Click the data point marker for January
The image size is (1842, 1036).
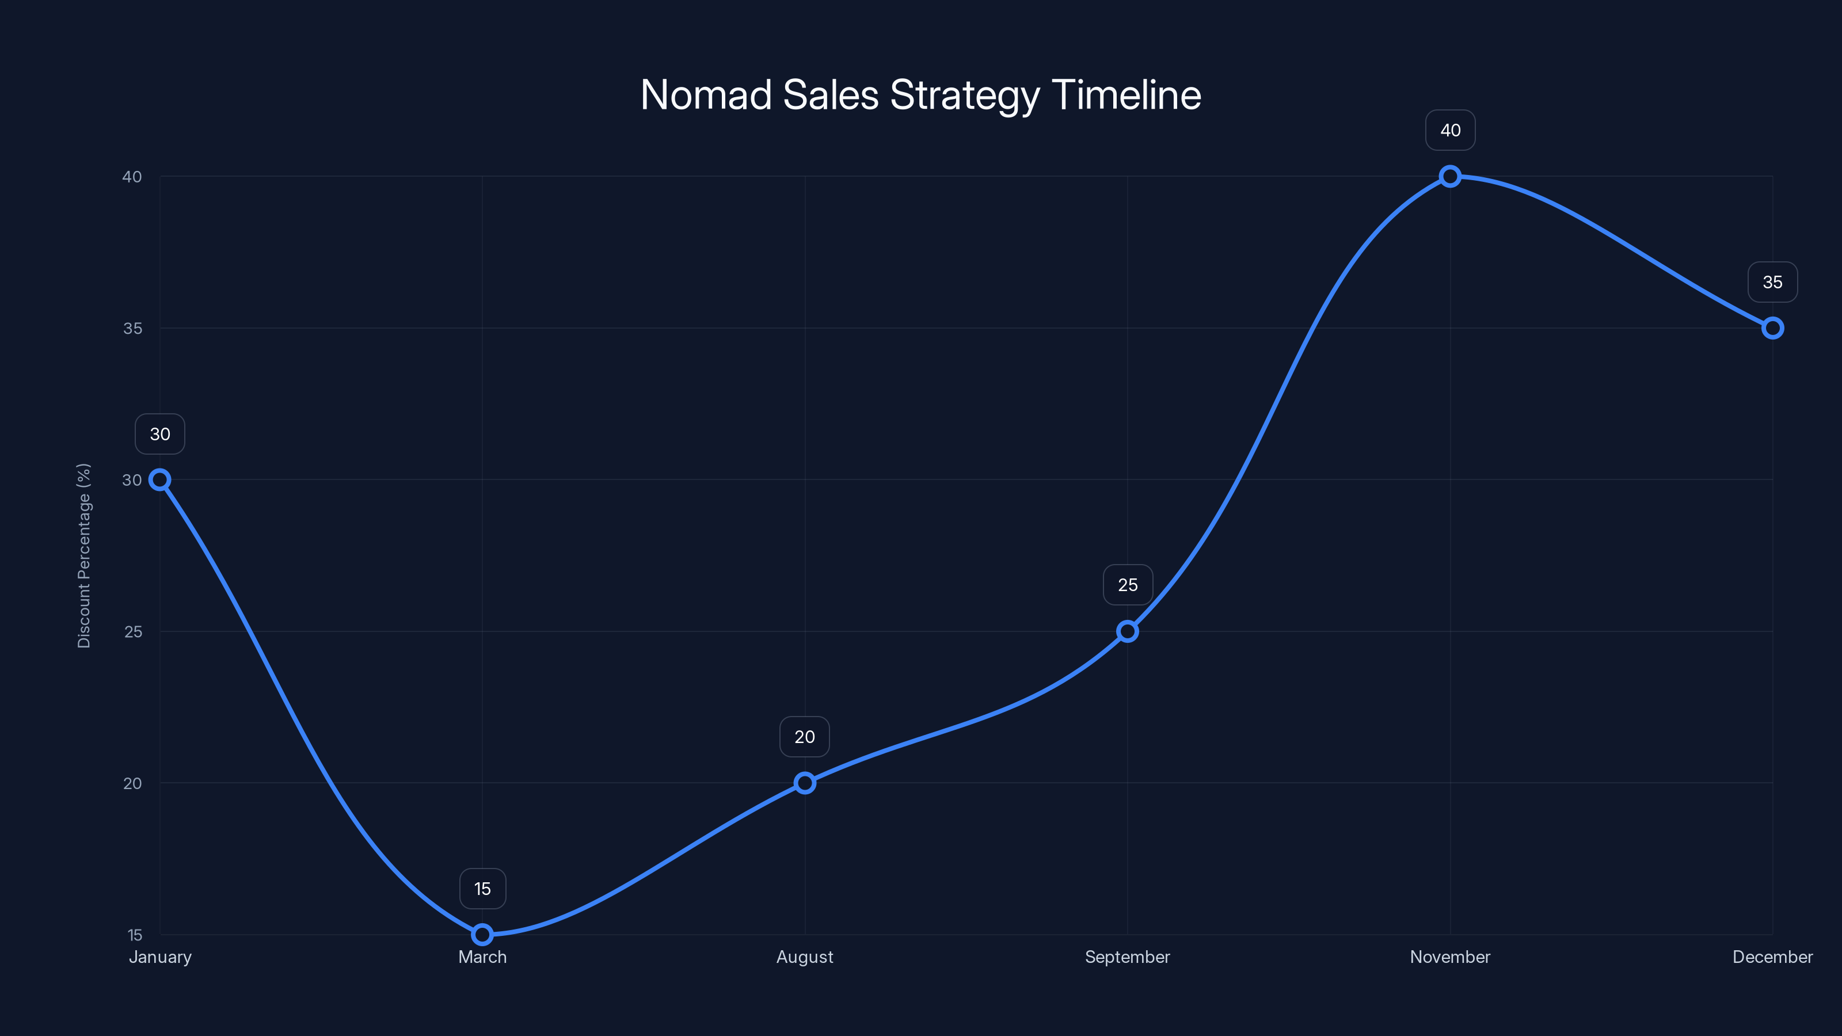(160, 480)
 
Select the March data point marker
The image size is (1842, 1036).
(483, 935)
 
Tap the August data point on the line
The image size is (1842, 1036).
(805, 783)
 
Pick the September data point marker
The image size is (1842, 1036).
(1128, 631)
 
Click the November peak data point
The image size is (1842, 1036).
(1450, 177)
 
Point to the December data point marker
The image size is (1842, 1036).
(1773, 328)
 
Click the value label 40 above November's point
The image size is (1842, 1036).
(1450, 130)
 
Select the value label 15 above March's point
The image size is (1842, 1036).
(483, 889)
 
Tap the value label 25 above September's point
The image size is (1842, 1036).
(1128, 585)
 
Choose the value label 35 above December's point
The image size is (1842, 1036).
(1773, 283)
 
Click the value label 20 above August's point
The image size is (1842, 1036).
(805, 737)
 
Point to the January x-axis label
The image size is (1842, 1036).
(160, 957)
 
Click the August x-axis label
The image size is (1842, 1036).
(805, 957)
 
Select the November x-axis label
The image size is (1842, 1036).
(1450, 957)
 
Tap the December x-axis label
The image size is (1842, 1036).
(1773, 957)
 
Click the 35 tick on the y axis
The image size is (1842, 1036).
(133, 328)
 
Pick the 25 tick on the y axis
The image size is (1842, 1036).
(133, 631)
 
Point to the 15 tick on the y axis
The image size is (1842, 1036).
(135, 935)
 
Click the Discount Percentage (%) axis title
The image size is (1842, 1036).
(85, 555)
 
